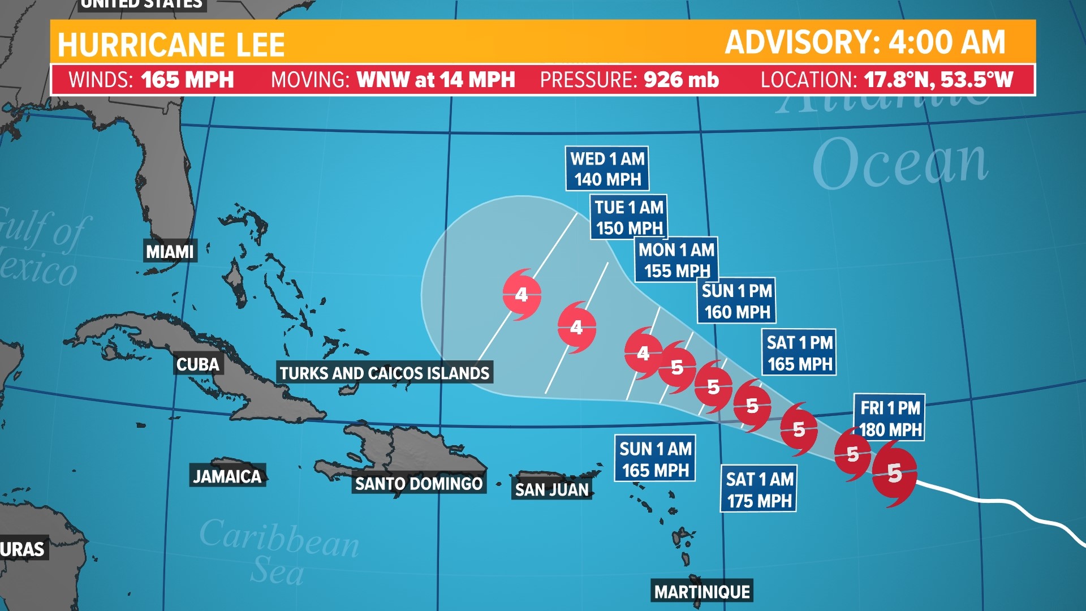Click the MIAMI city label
pyautogui.click(x=170, y=252)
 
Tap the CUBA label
pyautogui.click(x=197, y=364)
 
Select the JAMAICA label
pyautogui.click(x=227, y=476)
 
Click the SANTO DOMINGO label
pyautogui.click(x=419, y=484)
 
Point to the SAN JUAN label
pyautogui.click(x=552, y=489)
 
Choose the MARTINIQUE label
pyautogui.click(x=702, y=592)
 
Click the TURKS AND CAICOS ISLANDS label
pyautogui.click(x=385, y=373)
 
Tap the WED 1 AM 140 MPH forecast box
pyautogui.click(x=607, y=169)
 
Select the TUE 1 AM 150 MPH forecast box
pyautogui.click(x=629, y=217)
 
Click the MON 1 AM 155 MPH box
pyautogui.click(x=676, y=260)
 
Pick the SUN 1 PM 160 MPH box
pyautogui.click(x=737, y=301)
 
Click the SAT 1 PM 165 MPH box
pyautogui.click(x=799, y=353)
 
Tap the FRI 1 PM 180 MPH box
pyautogui.click(x=890, y=419)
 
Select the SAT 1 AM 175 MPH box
pyautogui.click(x=759, y=490)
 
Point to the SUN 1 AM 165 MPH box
pyautogui.click(x=656, y=459)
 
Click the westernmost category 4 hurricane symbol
pyautogui.click(x=522, y=295)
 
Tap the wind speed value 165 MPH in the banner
pyautogui.click(x=187, y=80)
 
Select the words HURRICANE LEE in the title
pyautogui.click(x=171, y=45)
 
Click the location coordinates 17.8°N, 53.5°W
pyautogui.click(x=938, y=80)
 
